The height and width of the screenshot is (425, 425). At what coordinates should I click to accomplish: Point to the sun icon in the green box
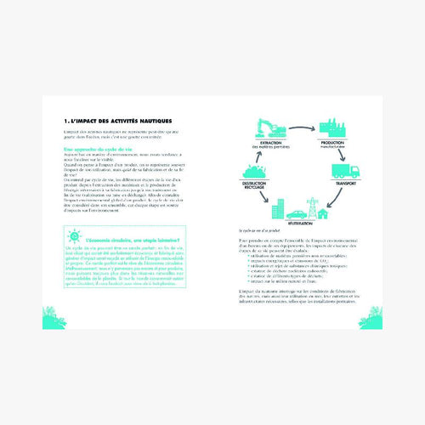click(x=74, y=236)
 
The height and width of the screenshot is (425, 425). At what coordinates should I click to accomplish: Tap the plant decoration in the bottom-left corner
click(x=54, y=320)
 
